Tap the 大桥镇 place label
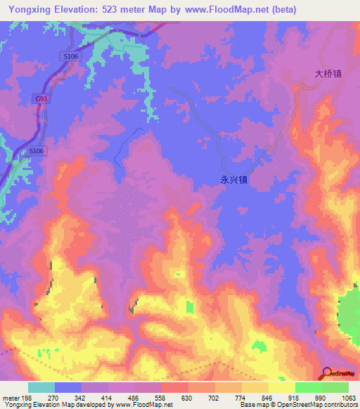coord(328,73)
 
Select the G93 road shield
coord(42,100)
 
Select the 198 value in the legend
coord(27,397)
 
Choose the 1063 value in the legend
coord(348,397)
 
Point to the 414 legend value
coord(108,397)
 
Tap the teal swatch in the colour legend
coord(41,387)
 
